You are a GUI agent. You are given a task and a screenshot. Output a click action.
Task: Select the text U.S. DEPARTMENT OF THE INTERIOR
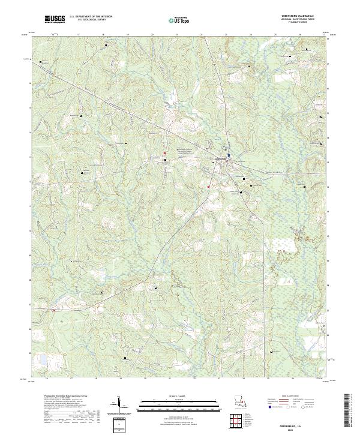[91, 17]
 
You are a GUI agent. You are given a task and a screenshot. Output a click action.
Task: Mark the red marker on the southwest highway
[54, 310]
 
